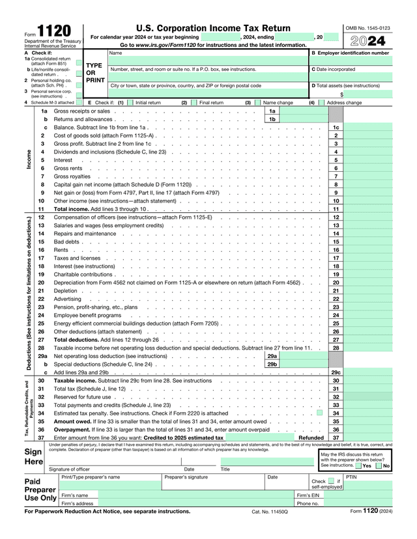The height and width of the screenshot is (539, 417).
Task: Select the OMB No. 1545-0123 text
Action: (x=367, y=28)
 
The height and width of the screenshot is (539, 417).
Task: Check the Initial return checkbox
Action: (x=130, y=102)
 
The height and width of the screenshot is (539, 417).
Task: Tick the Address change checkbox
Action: (x=322, y=102)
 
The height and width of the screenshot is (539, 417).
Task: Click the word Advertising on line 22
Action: (x=67, y=299)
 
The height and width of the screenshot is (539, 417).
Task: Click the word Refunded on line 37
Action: (x=311, y=437)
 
